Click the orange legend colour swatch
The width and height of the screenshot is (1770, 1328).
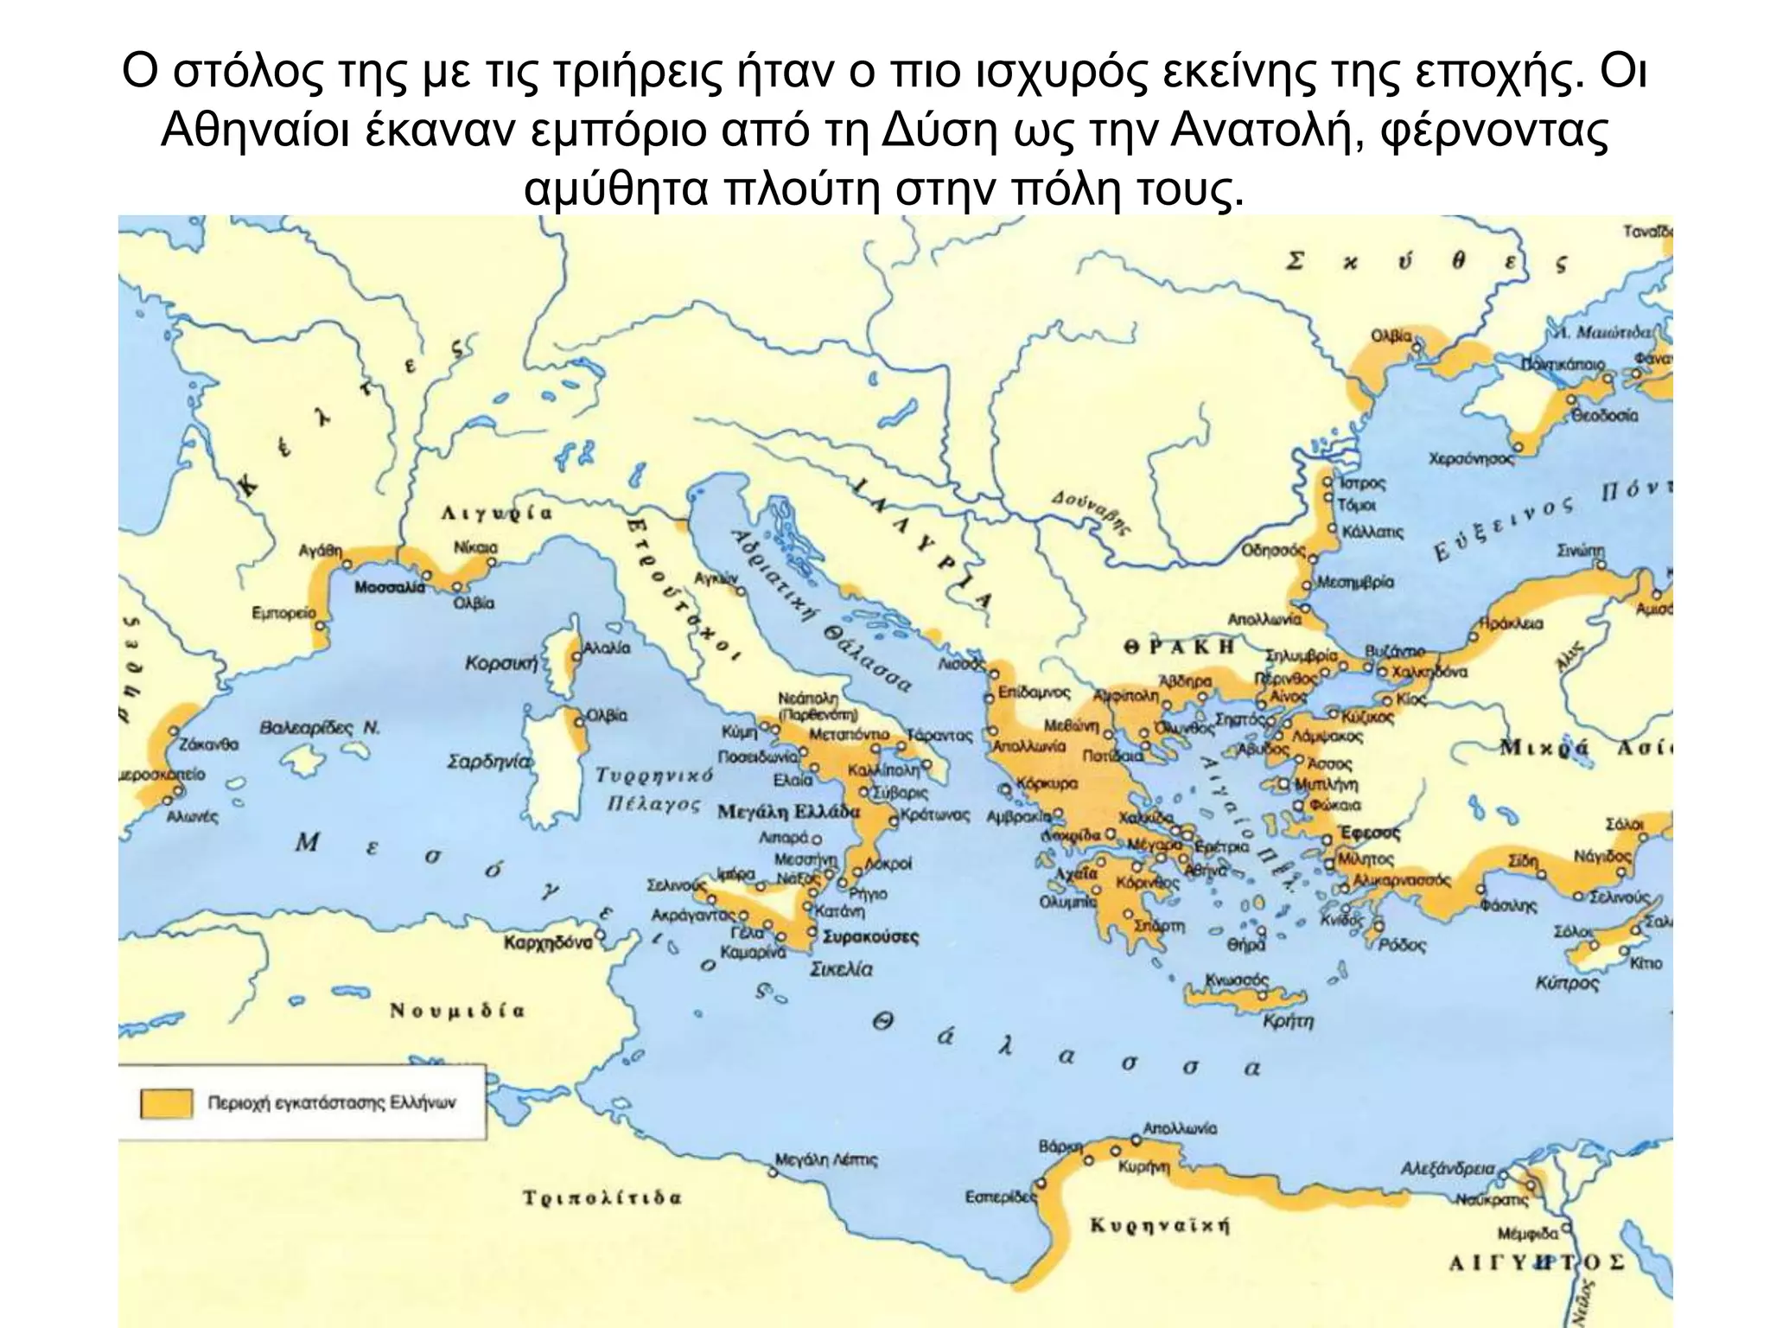166,1103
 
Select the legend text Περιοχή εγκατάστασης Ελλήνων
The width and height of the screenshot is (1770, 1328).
331,1103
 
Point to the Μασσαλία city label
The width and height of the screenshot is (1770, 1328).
390,587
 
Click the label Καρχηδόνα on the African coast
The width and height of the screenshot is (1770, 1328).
548,942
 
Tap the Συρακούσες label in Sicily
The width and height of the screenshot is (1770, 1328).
870,936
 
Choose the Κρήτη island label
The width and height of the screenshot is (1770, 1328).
1288,1021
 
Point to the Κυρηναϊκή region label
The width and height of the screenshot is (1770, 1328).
1160,1225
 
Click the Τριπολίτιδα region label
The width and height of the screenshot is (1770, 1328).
602,1198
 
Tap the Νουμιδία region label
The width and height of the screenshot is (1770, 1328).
457,1011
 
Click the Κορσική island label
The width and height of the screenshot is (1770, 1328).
501,664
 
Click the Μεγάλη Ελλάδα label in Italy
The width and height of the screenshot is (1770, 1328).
789,812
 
